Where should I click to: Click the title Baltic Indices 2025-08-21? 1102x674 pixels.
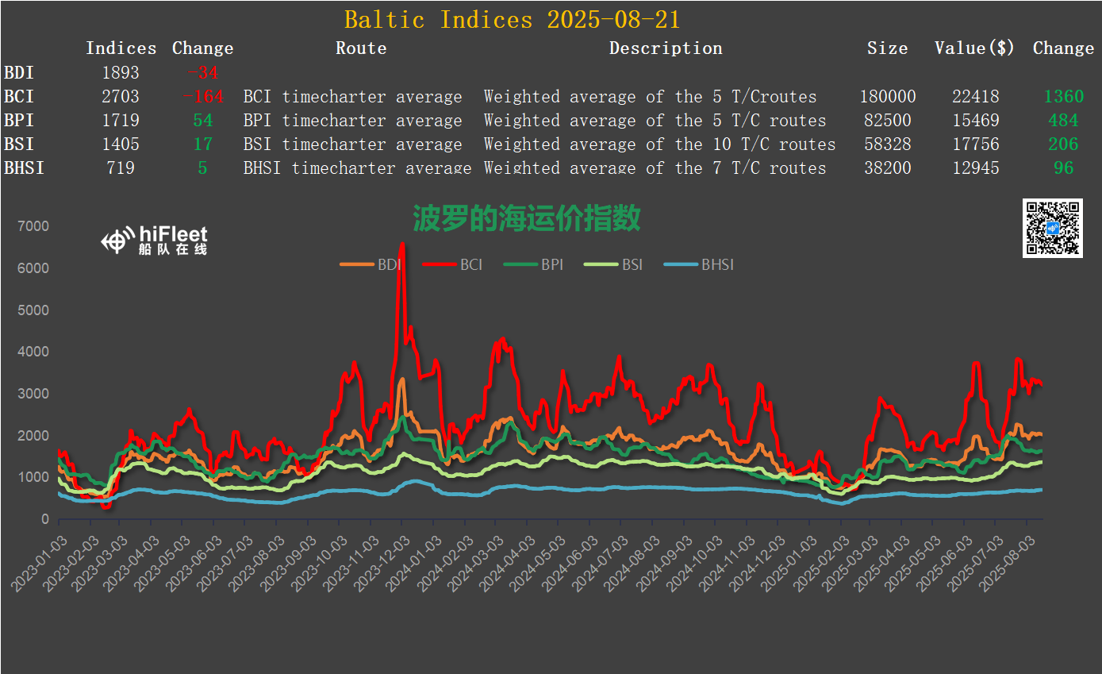pos(512,19)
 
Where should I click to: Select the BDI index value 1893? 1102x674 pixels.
pos(121,73)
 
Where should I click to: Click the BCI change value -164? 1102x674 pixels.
pos(202,97)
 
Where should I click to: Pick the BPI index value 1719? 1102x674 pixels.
pos(121,121)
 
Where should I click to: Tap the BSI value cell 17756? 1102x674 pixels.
pos(976,144)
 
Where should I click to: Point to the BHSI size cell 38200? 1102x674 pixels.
pos(888,168)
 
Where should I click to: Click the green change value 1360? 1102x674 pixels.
pos(1063,97)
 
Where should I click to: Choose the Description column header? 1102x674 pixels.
pos(666,48)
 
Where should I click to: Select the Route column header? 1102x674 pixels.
pos(361,48)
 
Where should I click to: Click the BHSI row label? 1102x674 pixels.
pos(24,168)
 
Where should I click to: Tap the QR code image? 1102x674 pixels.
pos(1053,229)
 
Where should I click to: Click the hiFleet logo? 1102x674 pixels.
pos(155,239)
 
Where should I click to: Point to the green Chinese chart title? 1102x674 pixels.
pos(526,218)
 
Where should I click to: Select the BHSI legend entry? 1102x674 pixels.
pos(699,264)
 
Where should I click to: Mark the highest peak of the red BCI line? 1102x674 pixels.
pos(401,245)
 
